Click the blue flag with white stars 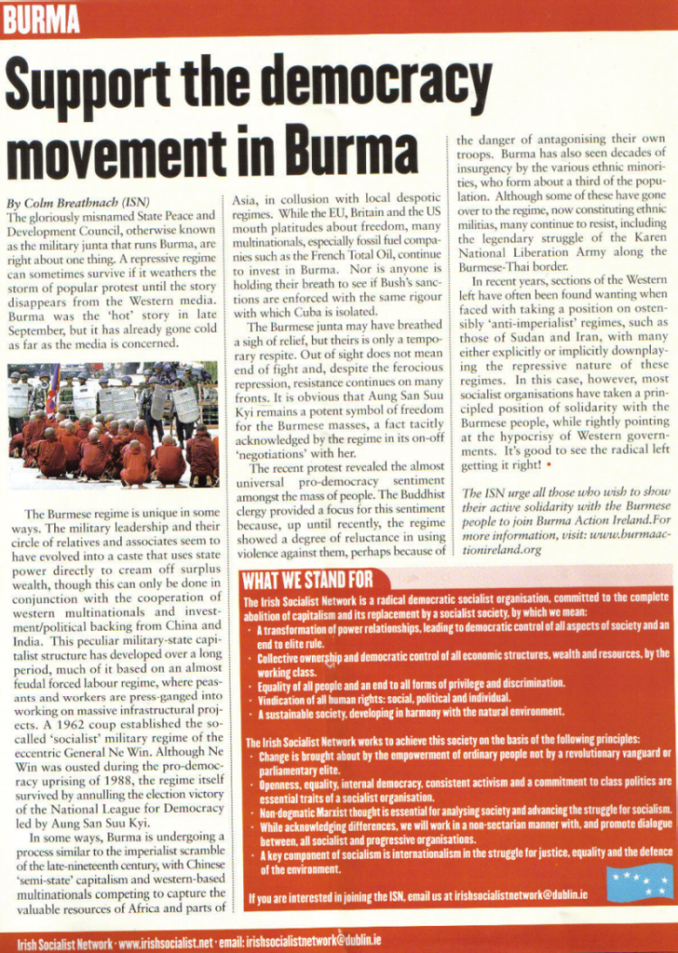640,882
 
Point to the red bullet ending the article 550,465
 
